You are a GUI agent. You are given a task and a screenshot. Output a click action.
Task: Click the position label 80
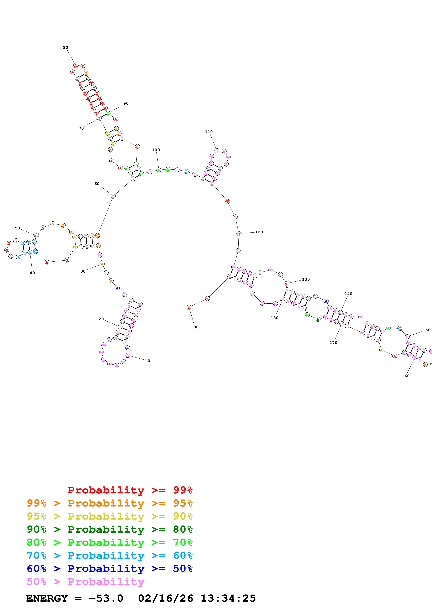[x=66, y=48]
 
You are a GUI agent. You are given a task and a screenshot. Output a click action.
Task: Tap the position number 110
[x=209, y=132]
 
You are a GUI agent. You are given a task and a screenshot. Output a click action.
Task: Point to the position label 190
[x=195, y=327]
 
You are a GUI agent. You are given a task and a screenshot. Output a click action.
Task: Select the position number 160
[x=406, y=376]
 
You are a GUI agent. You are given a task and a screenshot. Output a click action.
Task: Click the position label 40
[x=32, y=273]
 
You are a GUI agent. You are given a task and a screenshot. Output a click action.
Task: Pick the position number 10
[x=147, y=361]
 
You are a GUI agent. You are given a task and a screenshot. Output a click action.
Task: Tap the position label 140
[x=348, y=294]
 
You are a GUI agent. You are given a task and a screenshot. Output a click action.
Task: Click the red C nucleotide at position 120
[x=239, y=234]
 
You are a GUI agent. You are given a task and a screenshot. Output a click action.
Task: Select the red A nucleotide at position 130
[x=286, y=284]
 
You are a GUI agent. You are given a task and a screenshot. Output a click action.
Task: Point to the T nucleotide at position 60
[x=113, y=196]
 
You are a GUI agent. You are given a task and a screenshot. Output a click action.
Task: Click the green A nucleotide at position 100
[x=159, y=170]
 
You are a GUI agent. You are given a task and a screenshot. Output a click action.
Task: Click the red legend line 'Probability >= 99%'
[x=130, y=490]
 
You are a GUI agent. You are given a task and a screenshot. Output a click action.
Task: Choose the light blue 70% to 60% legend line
[x=110, y=555]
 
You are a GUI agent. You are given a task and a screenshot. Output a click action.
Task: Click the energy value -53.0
[x=106, y=598]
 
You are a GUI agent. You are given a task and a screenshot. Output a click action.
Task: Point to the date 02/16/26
[x=165, y=598]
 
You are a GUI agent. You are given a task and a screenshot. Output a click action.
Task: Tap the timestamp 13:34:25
[x=228, y=598]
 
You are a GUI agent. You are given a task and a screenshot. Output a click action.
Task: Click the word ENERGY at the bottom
[x=47, y=598]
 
